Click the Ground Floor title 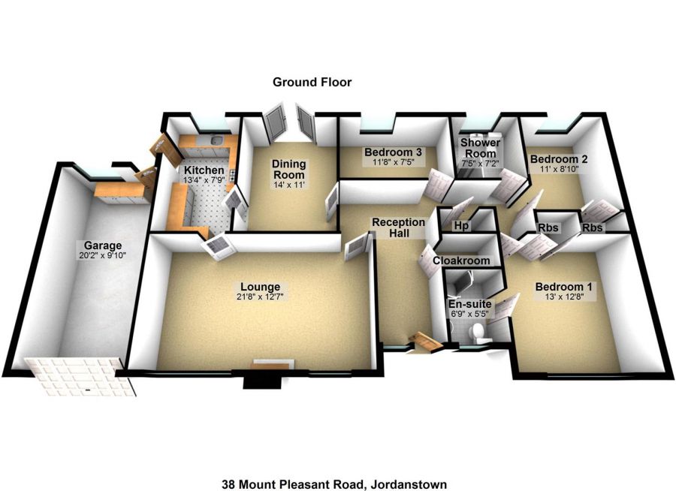click(312, 82)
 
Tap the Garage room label click(102, 245)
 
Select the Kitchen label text click(204, 170)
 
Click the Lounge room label click(261, 287)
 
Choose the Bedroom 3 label click(394, 152)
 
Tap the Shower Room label click(481, 148)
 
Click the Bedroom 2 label click(559, 159)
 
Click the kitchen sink click(217, 140)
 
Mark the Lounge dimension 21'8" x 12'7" click(261, 297)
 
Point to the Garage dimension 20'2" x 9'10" click(102, 255)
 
